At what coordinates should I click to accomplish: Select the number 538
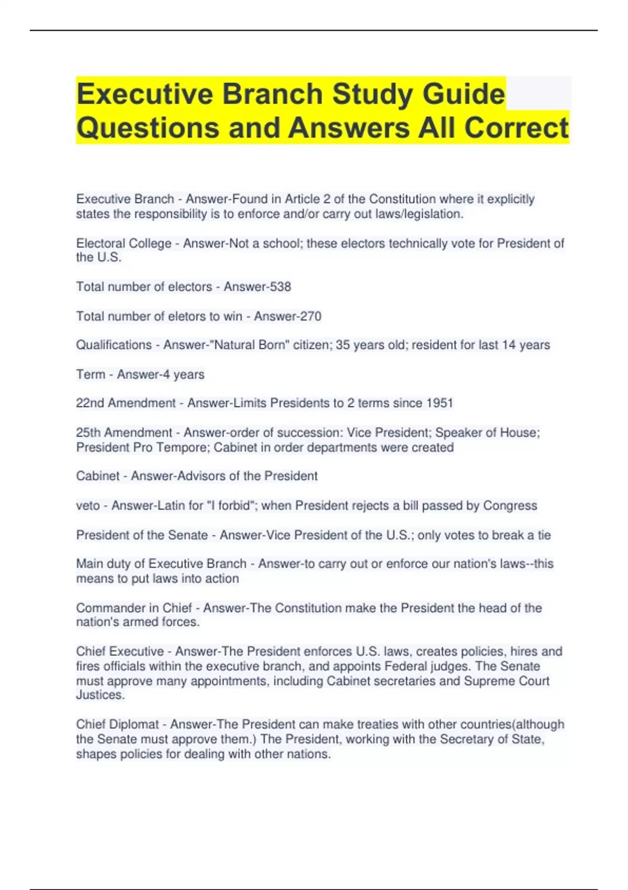pyautogui.click(x=281, y=287)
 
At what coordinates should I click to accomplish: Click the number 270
pyautogui.click(x=311, y=316)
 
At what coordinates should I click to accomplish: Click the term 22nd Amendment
pyautogui.click(x=126, y=403)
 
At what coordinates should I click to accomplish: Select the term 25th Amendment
pyautogui.click(x=124, y=432)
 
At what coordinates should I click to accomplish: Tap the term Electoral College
pyautogui.click(x=124, y=243)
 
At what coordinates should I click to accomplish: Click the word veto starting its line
pyautogui.click(x=87, y=506)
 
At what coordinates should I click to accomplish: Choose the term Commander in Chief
pyautogui.click(x=134, y=608)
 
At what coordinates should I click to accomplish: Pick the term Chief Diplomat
pyautogui.click(x=117, y=725)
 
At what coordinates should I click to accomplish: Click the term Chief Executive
pyautogui.click(x=120, y=651)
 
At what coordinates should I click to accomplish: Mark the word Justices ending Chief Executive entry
pyautogui.click(x=99, y=695)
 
